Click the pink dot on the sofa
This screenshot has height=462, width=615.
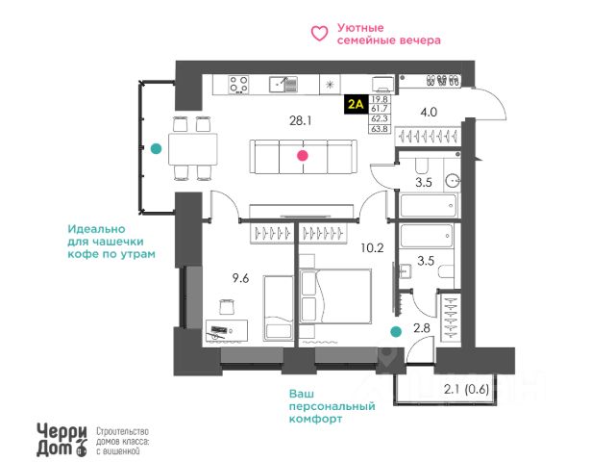coord(303,154)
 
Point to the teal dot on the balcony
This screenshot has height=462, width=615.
coord(156,148)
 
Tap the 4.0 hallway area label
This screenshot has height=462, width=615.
coord(429,112)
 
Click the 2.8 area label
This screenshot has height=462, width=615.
coord(420,329)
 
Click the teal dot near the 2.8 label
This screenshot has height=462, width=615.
coord(395,332)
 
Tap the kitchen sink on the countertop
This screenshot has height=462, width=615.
coord(283,85)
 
